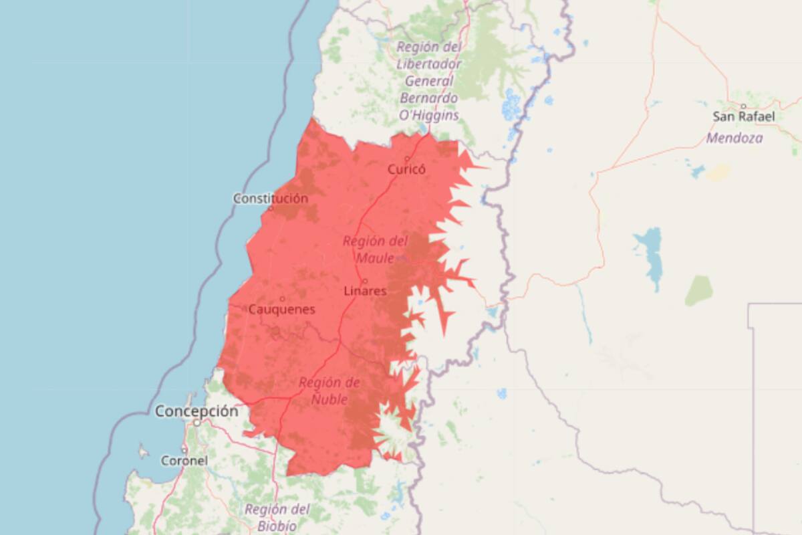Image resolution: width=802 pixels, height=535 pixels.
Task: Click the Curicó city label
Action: pyautogui.click(x=406, y=170)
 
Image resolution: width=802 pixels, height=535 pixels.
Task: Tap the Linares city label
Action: pyautogui.click(x=365, y=292)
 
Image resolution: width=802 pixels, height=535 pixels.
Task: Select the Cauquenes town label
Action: pyautogui.click(x=281, y=310)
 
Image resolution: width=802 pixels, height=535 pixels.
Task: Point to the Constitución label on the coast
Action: pyautogui.click(x=271, y=199)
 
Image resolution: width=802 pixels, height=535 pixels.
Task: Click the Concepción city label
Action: pyautogui.click(x=196, y=411)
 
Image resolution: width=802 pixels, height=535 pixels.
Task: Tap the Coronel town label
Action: pyautogui.click(x=184, y=461)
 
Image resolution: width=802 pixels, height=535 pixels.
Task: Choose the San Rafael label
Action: pyautogui.click(x=744, y=117)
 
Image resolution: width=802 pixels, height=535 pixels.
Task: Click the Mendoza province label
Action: pyautogui.click(x=734, y=139)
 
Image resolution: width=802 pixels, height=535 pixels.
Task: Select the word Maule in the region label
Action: pyautogui.click(x=375, y=258)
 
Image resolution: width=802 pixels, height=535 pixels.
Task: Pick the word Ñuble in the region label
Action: pyautogui.click(x=329, y=400)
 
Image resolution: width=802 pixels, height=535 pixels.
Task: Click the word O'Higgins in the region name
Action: pyautogui.click(x=428, y=115)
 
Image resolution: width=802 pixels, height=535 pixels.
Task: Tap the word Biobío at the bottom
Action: pyautogui.click(x=277, y=526)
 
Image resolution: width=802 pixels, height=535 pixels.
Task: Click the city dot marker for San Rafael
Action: pyautogui.click(x=743, y=106)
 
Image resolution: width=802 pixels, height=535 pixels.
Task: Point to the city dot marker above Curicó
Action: pyautogui.click(x=407, y=158)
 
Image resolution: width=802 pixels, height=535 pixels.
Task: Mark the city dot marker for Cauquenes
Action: pyautogui.click(x=283, y=299)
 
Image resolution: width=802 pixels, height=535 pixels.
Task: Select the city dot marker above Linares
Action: pyautogui.click(x=365, y=281)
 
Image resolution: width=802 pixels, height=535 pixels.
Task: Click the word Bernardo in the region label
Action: pyautogui.click(x=428, y=98)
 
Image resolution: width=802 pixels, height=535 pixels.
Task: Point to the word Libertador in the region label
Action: pyautogui.click(x=428, y=64)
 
